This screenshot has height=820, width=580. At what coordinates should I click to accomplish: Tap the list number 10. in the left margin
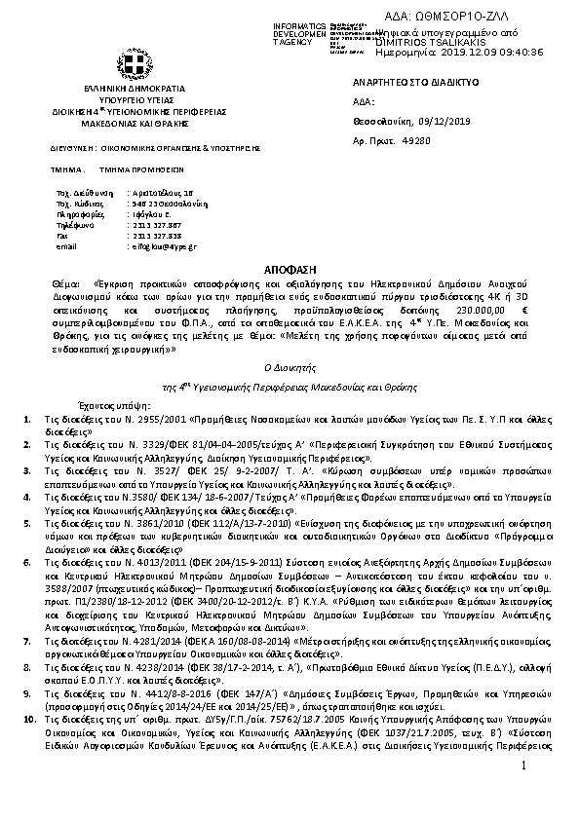click(28, 744)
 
